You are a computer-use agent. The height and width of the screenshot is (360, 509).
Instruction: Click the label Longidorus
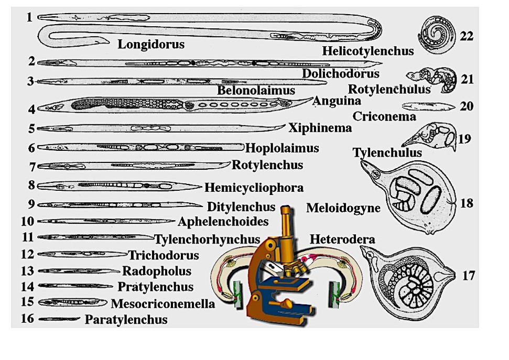151,44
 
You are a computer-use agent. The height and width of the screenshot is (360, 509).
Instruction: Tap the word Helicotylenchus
367,51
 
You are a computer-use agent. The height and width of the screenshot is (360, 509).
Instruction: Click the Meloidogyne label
343,208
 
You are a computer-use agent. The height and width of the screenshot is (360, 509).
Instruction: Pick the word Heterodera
342,240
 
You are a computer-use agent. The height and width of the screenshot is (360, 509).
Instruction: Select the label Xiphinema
320,127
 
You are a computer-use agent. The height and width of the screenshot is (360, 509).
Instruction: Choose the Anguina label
337,101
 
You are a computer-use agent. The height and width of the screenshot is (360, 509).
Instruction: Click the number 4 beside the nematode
32,110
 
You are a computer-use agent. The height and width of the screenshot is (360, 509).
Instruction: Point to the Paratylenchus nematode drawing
58,319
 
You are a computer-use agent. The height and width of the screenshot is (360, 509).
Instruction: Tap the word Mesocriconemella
163,303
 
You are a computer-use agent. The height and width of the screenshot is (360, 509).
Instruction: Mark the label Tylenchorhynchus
207,239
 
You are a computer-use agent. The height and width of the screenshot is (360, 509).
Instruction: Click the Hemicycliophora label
254,187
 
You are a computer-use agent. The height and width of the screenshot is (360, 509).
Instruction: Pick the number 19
464,139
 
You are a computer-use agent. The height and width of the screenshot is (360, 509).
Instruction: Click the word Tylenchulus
387,152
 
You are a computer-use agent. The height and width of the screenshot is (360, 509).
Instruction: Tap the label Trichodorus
164,256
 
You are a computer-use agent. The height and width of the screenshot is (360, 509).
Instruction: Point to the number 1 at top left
29,17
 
